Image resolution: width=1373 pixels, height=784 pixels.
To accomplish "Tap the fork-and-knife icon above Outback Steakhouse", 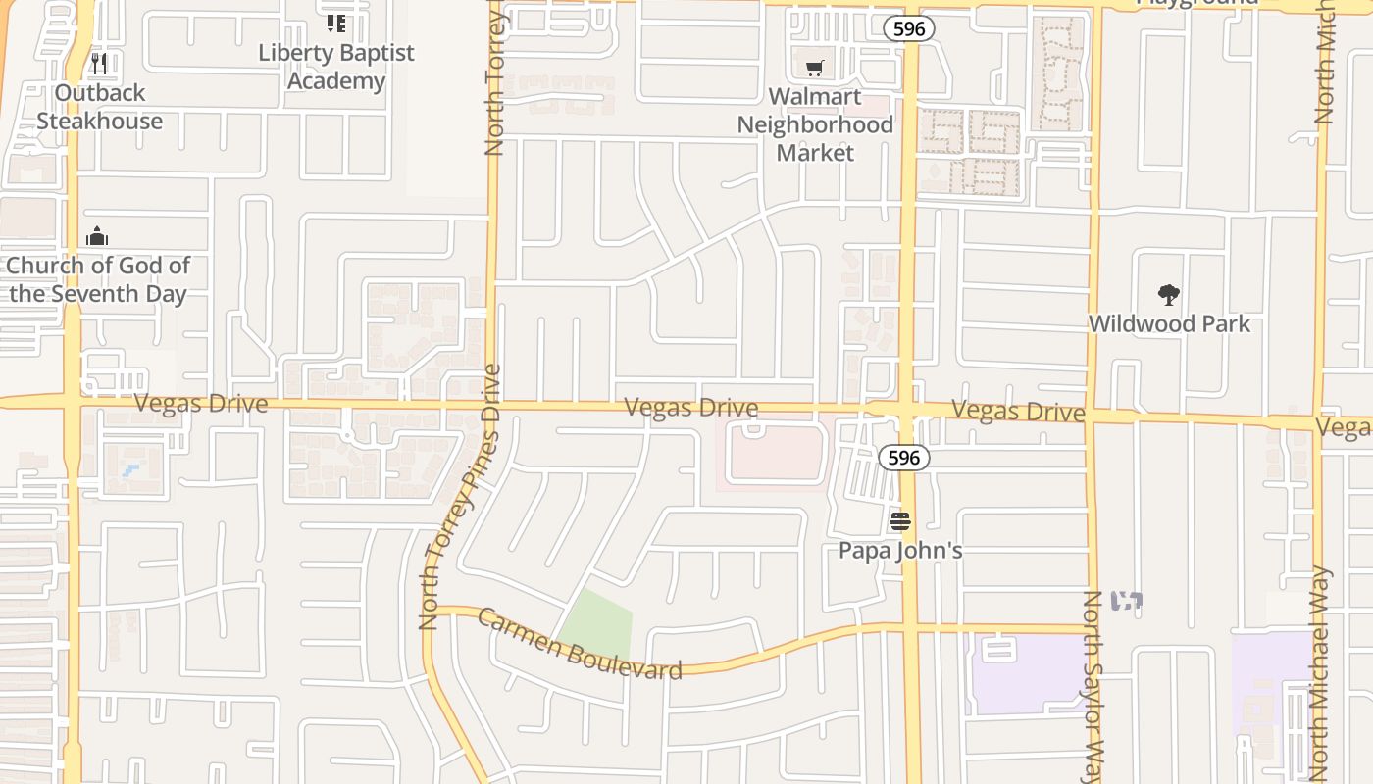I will click(98, 64).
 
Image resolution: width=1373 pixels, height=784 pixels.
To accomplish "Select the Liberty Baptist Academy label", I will click(336, 67).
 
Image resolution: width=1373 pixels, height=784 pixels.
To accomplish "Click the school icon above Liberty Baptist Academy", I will click(336, 24).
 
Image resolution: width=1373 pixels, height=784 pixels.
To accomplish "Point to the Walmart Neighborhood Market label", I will click(815, 124).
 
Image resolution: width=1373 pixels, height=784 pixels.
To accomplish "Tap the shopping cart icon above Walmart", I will click(814, 68).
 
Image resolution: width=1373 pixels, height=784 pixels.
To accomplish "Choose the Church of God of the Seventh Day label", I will click(98, 279).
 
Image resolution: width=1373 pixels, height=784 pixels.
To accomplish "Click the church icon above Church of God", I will click(97, 236).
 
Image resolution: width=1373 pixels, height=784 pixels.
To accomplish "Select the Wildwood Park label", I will click(1169, 323).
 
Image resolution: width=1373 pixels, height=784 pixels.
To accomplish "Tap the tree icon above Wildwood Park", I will click(1168, 294).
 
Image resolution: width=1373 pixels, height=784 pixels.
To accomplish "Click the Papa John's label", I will click(899, 550).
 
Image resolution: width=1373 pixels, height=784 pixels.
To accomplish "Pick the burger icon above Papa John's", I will click(899, 521).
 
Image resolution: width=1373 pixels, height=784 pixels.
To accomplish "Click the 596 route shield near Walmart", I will click(908, 29).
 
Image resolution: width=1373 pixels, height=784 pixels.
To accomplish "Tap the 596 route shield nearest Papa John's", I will click(903, 457).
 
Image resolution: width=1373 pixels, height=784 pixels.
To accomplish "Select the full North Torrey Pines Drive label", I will click(460, 497).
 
